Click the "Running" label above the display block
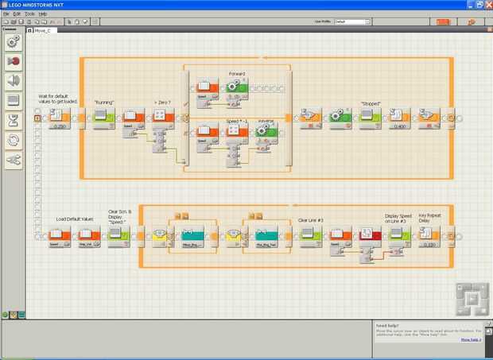click(x=104, y=103)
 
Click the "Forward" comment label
click(x=237, y=74)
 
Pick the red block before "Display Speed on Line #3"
click(x=368, y=234)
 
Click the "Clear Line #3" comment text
click(x=309, y=219)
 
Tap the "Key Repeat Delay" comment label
click(x=429, y=217)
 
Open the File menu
click(x=6, y=14)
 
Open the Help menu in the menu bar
click(x=43, y=14)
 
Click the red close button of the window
click(x=487, y=5)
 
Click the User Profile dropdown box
click(x=351, y=21)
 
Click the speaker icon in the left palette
click(x=13, y=79)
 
